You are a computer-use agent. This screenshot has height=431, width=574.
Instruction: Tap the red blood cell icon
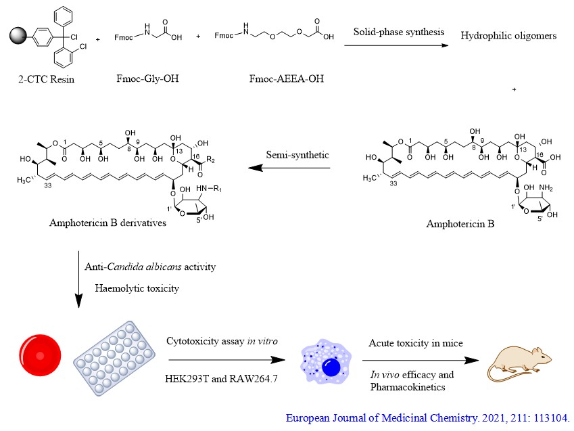pyautogui.click(x=41, y=355)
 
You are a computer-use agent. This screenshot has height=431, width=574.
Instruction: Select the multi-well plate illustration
pyautogui.click(x=114, y=358)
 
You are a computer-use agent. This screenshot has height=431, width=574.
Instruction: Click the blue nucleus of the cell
pyautogui.click(x=331, y=367)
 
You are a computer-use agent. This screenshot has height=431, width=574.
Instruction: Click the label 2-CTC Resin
pyautogui.click(x=46, y=79)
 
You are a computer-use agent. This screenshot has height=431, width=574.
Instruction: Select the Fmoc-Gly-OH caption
pyautogui.click(x=147, y=78)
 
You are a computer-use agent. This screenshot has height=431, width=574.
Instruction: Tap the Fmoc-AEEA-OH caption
pyautogui.click(x=287, y=78)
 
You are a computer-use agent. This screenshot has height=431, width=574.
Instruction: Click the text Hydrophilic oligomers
pyautogui.click(x=508, y=36)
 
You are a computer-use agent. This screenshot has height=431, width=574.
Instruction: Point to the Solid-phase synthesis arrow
pyautogui.click(x=396, y=45)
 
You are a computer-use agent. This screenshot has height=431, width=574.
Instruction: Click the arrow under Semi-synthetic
pyautogui.click(x=289, y=168)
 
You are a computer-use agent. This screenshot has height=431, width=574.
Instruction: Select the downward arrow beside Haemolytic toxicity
pyautogui.click(x=78, y=279)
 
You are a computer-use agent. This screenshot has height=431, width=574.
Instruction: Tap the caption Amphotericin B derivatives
pyautogui.click(x=107, y=223)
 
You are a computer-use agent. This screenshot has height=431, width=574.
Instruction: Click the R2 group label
pyautogui.click(x=210, y=160)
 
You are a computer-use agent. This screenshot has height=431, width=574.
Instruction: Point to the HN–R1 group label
pyautogui.click(x=209, y=189)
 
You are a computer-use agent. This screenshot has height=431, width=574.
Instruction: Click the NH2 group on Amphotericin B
pyautogui.click(x=546, y=188)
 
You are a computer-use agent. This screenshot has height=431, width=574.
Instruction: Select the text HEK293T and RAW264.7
pyautogui.click(x=221, y=378)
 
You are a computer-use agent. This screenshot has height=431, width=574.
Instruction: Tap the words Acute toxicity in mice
pyautogui.click(x=416, y=343)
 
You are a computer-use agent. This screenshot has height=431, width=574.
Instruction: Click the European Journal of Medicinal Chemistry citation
pyautogui.click(x=427, y=418)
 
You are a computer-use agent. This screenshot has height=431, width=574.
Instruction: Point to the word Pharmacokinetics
pyautogui.click(x=408, y=387)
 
